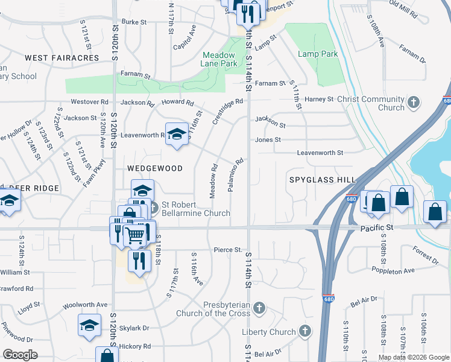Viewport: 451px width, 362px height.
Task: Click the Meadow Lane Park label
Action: (219, 59)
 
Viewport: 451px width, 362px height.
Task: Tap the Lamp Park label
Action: (317, 54)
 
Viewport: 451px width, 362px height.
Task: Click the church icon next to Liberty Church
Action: (306, 332)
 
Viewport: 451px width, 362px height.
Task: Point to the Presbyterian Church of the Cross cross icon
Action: (259, 309)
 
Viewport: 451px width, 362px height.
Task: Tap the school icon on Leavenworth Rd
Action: (177, 135)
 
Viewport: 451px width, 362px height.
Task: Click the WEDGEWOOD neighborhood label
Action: (155, 168)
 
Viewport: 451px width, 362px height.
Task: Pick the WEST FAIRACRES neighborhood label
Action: (61, 58)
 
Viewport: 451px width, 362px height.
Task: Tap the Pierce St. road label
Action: (228, 250)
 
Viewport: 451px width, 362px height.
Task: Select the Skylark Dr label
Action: (134, 328)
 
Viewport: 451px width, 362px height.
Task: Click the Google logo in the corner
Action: (20, 355)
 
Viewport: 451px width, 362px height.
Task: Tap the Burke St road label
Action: (134, 22)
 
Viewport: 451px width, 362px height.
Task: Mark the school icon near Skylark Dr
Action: (89, 325)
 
